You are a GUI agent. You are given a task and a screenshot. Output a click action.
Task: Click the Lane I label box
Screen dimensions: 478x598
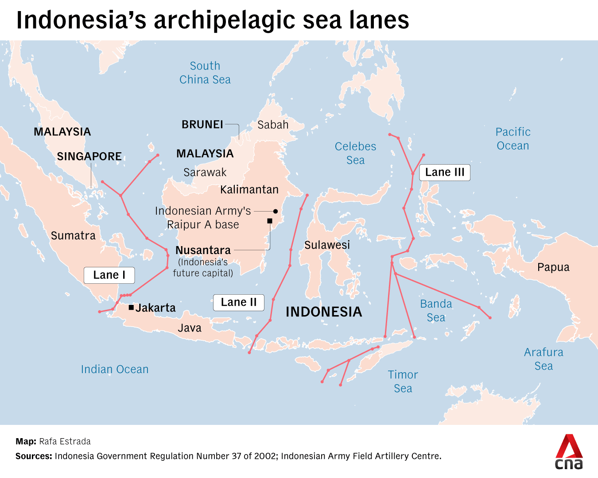(x=109, y=275)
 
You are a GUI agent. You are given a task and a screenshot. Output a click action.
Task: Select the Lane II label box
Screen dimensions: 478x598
(x=239, y=302)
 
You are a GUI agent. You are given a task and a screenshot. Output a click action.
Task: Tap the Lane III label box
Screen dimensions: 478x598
(x=445, y=172)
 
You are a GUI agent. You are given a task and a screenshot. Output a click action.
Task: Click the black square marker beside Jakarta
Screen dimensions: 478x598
(x=131, y=307)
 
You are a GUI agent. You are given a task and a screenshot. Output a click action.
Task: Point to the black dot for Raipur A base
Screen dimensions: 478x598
(x=276, y=211)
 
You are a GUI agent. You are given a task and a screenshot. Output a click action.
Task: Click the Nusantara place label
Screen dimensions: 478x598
(x=203, y=250)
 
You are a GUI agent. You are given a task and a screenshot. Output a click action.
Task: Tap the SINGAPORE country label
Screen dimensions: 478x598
(x=89, y=156)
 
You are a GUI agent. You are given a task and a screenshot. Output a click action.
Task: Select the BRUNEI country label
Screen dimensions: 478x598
(x=202, y=124)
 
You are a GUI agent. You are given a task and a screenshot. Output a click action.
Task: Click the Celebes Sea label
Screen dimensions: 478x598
(x=355, y=153)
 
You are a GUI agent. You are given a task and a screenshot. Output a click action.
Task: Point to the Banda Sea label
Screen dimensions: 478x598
(x=436, y=311)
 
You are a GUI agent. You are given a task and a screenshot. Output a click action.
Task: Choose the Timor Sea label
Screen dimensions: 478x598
(x=403, y=382)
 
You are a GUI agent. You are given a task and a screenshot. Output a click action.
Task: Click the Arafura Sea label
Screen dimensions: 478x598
(x=544, y=359)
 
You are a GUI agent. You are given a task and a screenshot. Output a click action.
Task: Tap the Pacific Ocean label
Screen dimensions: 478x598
(x=513, y=139)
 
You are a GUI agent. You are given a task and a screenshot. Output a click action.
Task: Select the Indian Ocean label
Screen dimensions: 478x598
(x=114, y=369)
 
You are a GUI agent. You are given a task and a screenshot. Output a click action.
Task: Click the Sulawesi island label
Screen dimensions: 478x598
(x=327, y=245)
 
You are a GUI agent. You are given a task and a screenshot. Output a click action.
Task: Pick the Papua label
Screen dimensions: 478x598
(x=553, y=267)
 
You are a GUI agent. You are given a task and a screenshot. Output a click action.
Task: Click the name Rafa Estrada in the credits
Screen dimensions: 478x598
(x=65, y=441)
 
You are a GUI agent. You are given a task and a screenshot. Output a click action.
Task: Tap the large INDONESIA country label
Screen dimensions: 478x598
(x=324, y=312)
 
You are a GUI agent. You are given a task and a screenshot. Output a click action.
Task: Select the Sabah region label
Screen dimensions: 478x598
(x=273, y=125)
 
